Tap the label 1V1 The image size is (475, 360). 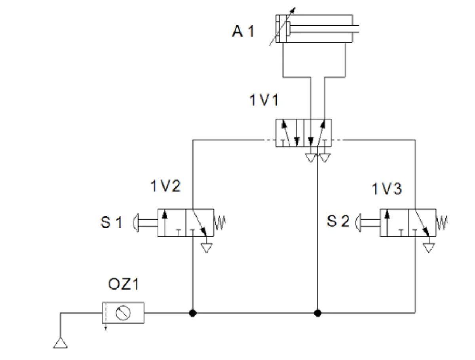tap(264, 100)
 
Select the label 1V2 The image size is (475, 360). tap(165, 186)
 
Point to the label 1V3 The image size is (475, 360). tap(386, 189)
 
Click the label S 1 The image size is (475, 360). tap(111, 222)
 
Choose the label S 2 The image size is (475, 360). tap(338, 221)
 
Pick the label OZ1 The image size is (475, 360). tap(123, 284)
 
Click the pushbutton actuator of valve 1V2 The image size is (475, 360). tap(145, 223)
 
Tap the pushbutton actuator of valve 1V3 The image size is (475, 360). tap(368, 223)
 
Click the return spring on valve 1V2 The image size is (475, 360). tap(219, 222)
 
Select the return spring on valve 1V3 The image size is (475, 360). tap(442, 222)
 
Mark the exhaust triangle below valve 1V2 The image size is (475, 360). tap(207, 248)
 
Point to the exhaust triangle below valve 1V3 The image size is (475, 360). tap(429, 248)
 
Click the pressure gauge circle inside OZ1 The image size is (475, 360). tap(123, 313)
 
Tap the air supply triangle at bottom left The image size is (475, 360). tap(61, 343)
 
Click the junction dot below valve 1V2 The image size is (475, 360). tap(192, 313)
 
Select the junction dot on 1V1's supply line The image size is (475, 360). tap(317, 313)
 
